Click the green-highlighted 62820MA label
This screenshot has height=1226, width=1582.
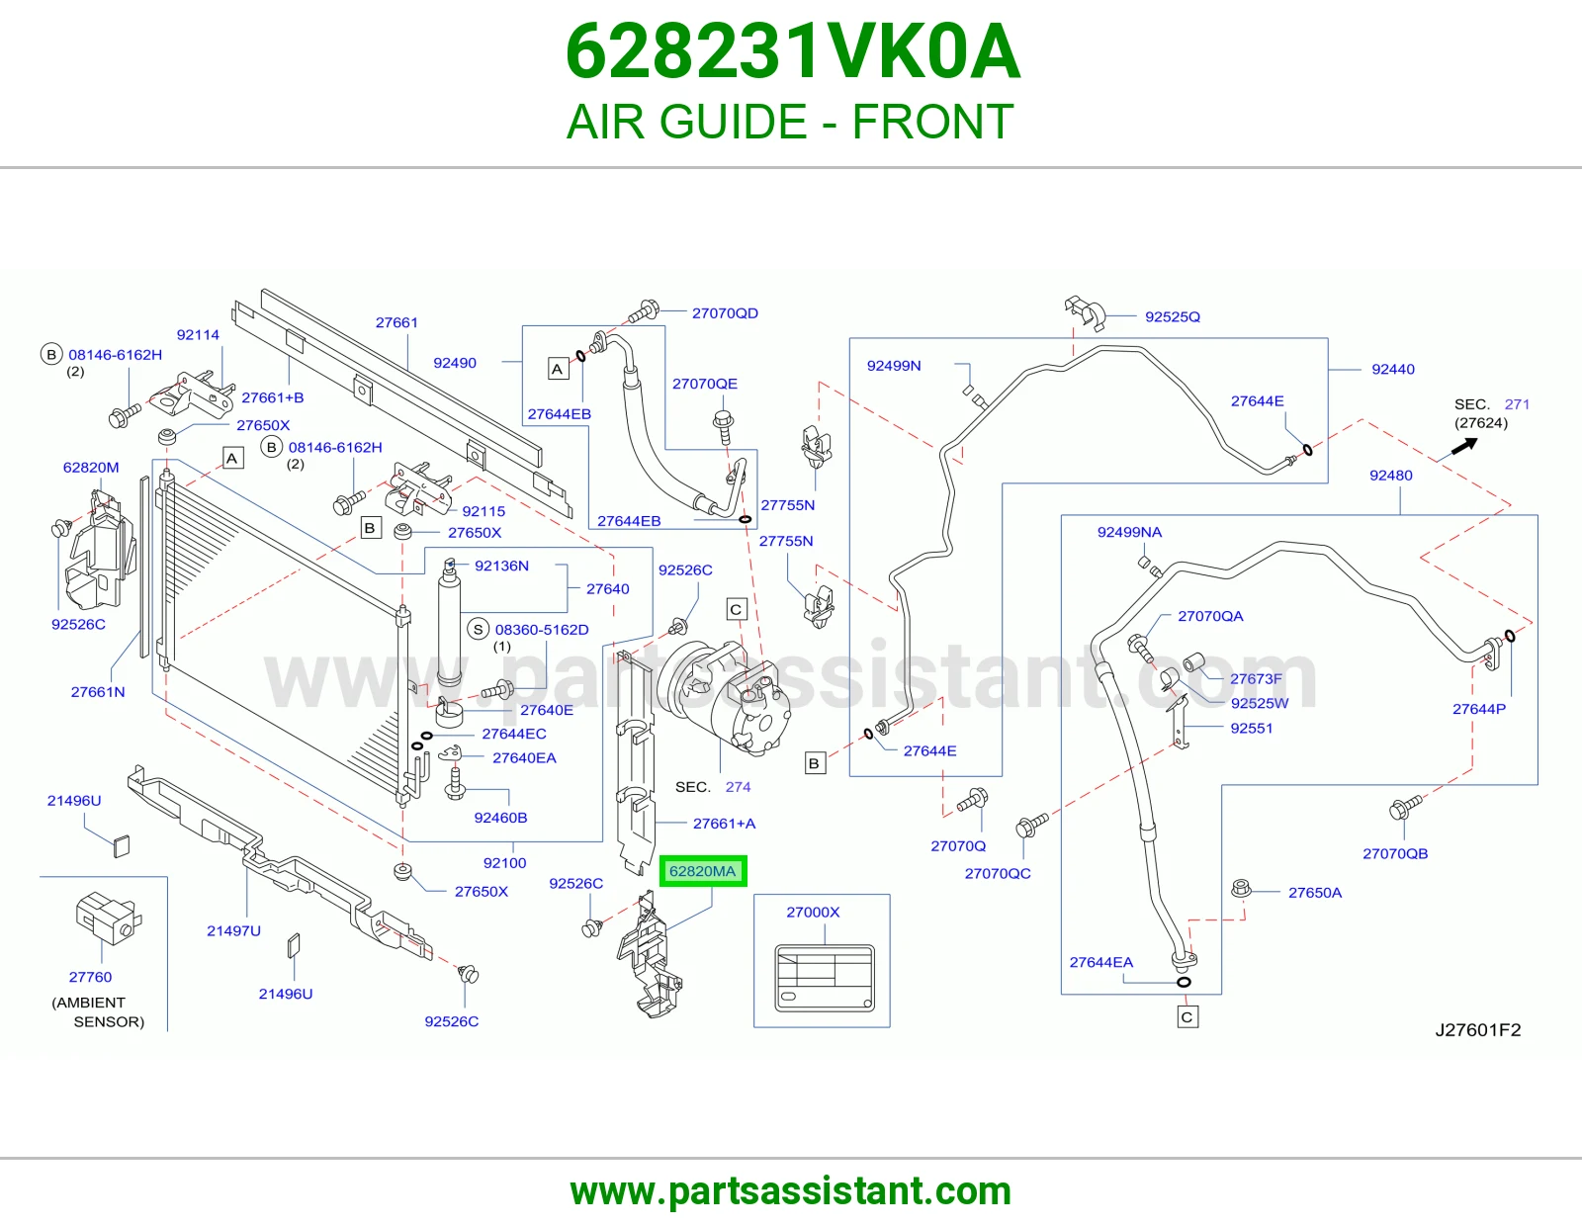[x=703, y=871]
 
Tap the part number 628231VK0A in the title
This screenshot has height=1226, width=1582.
[x=793, y=51]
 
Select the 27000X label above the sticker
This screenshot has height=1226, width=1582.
[x=813, y=913]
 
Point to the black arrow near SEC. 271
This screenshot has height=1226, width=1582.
[x=1464, y=446]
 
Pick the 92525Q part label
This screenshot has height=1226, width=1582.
[x=1172, y=316]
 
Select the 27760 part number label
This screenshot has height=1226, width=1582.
[x=90, y=977]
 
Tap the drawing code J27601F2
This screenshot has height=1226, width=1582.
[x=1478, y=1029]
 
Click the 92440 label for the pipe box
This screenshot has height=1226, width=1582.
[x=1393, y=369]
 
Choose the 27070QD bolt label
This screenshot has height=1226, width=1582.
[x=725, y=313]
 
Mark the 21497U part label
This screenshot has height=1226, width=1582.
[x=233, y=930]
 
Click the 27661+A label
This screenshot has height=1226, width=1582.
[x=725, y=824]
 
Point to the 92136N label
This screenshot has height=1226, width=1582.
[x=501, y=566]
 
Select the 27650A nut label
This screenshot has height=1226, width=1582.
[x=1315, y=893]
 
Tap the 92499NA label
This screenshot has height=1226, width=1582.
[x=1130, y=532]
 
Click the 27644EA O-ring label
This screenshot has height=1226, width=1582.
[x=1101, y=962]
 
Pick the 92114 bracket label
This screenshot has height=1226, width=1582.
[x=198, y=335]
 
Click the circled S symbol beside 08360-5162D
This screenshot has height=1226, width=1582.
[x=479, y=630]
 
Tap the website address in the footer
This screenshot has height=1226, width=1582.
[x=791, y=1191]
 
